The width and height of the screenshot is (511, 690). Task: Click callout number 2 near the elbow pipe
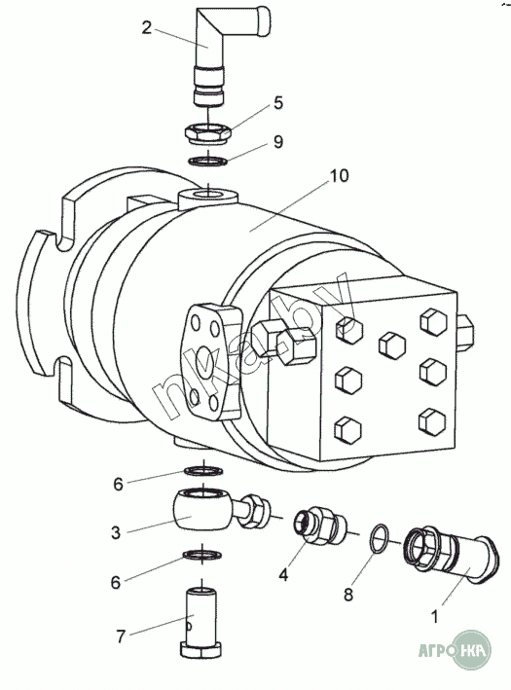pos(147,28)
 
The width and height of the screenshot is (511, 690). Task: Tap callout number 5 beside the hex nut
pos(277,103)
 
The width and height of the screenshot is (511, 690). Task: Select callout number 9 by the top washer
pos(277,142)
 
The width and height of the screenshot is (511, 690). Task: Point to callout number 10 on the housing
pos(339,175)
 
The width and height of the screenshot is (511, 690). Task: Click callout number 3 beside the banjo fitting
pos(115,532)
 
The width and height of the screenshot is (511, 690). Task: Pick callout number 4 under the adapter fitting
pos(283,575)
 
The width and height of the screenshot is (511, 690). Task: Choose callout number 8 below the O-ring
pos(348,595)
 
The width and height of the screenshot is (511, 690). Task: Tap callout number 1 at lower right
pos(434,617)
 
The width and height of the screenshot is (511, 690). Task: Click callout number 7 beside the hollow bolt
pos(121,636)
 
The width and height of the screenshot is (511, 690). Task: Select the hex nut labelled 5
pos(207,132)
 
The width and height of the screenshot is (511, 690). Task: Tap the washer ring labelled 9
pos(207,161)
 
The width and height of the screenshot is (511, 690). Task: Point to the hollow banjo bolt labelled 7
pos(201,622)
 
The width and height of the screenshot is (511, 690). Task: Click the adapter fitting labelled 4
pos(320,526)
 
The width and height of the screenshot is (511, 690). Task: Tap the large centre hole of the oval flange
pos(203,364)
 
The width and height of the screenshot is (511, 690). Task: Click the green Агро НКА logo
pos(455,649)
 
